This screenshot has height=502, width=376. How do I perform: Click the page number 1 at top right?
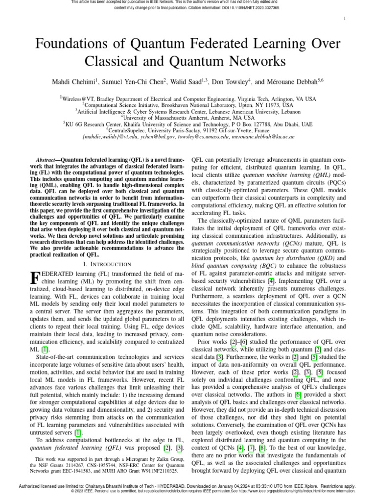[x=345, y=19]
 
